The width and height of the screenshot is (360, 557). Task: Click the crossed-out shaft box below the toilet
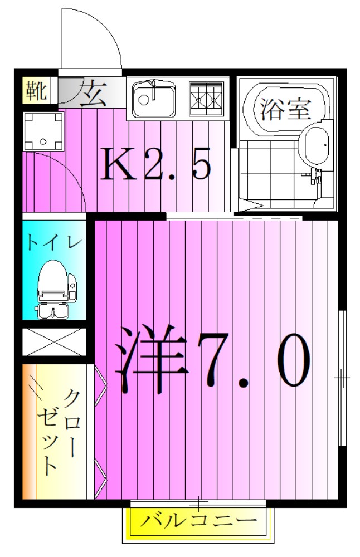point(54,343)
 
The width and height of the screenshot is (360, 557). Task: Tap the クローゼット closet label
point(59,432)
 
